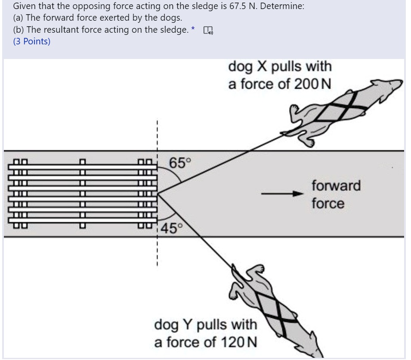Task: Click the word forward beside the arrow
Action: pos(336,186)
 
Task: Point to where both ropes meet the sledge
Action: pos(158,194)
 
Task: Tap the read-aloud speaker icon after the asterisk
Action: pos(208,31)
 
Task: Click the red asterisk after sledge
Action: pos(193,29)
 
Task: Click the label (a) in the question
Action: pos(19,19)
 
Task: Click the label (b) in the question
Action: pos(19,31)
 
